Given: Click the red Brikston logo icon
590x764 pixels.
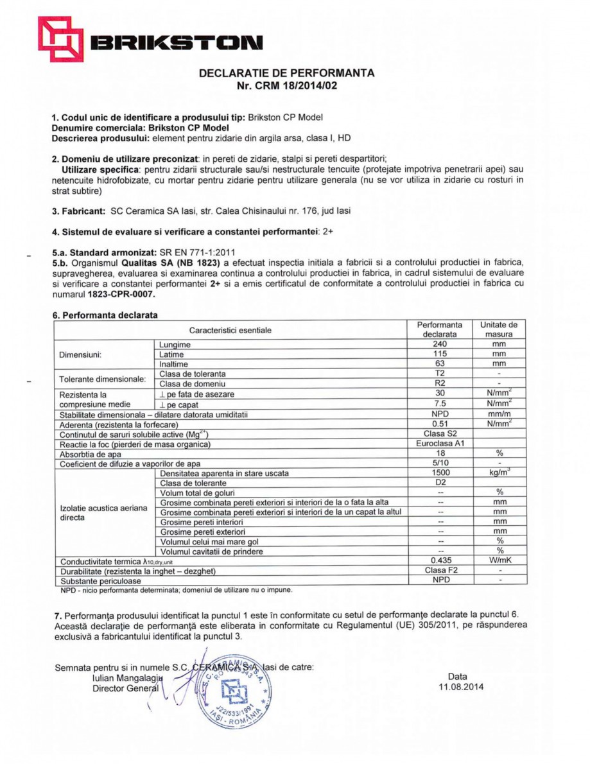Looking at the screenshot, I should pyautogui.click(x=60, y=40).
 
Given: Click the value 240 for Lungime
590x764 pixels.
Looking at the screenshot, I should pyautogui.click(x=440, y=345).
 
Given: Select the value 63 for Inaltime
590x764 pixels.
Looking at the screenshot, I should pyautogui.click(x=440, y=363).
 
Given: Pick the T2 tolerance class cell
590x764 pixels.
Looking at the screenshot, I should pyautogui.click(x=440, y=374).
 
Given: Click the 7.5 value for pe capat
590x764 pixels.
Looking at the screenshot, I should pyautogui.click(x=440, y=404).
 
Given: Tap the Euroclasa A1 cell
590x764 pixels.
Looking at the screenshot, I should pyautogui.click(x=440, y=444).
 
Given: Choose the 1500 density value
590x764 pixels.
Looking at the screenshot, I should pyautogui.click(x=440, y=473).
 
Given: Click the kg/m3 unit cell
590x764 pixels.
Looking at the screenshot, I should pyautogui.click(x=499, y=473).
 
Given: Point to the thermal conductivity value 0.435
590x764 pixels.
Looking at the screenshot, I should pyautogui.click(x=440, y=560).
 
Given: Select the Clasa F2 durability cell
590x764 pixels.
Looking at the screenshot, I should pyautogui.click(x=440, y=570).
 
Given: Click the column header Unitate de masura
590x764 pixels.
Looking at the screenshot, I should pyautogui.click(x=499, y=329).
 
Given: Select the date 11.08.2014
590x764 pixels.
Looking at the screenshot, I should pyautogui.click(x=458, y=687).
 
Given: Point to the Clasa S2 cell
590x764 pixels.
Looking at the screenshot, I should pyautogui.click(x=440, y=434).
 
